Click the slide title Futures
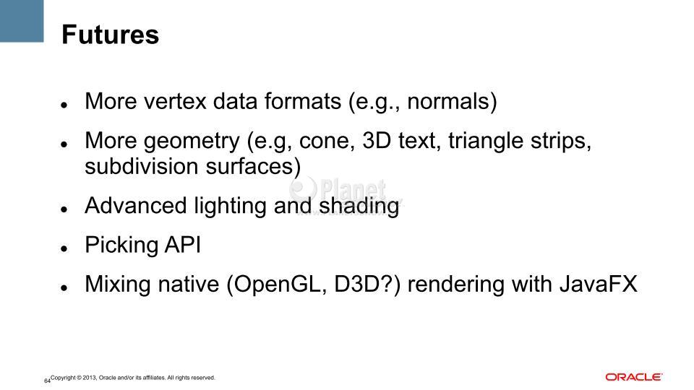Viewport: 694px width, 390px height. point(110,35)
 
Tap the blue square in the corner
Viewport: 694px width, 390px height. point(22,21)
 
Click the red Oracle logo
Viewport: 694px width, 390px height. point(634,377)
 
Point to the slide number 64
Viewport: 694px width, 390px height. point(47,381)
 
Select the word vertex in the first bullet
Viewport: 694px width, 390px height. point(176,101)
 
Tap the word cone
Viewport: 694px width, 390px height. point(325,141)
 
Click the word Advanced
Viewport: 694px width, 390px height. point(135,206)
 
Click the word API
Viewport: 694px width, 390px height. point(183,245)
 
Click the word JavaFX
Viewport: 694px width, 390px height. point(599,284)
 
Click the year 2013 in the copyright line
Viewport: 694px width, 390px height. point(90,378)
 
